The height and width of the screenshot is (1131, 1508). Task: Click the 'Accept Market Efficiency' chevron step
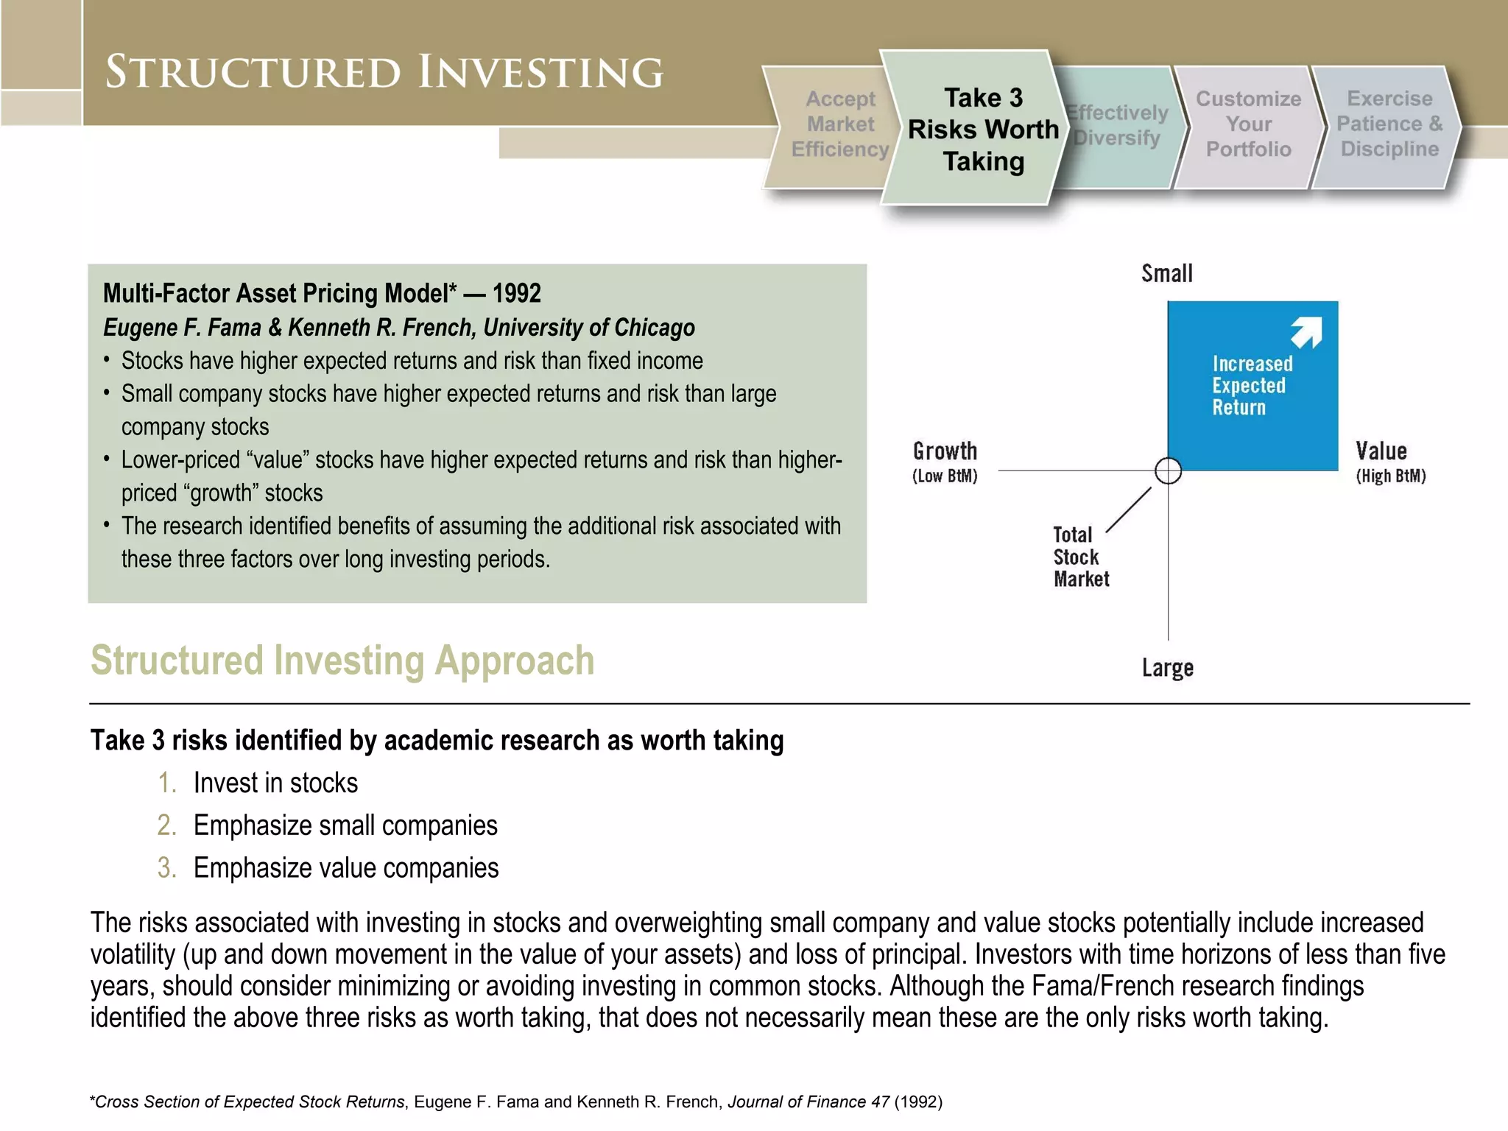[832, 124]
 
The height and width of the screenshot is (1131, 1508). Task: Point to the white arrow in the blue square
[1307, 332]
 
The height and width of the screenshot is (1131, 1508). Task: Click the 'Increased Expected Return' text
[1251, 385]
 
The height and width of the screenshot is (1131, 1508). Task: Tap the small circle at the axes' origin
[1168, 471]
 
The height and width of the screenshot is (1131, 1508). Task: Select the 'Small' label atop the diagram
[1166, 274]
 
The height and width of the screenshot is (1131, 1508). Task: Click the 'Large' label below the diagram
[1167, 668]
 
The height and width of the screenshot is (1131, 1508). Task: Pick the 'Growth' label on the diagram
[945, 451]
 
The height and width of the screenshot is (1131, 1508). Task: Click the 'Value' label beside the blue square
[1381, 451]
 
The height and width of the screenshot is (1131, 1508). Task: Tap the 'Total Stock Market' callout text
[1079, 557]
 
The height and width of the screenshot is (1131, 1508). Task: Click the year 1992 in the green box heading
[516, 294]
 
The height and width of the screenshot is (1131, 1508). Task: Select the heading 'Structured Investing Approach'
[342, 660]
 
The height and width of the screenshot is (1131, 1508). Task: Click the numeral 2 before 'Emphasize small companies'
[166, 825]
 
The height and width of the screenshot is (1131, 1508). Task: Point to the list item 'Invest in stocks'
[275, 783]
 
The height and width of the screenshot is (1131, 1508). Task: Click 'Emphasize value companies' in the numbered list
[346, 868]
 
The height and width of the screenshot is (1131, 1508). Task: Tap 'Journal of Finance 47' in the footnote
[808, 1102]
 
